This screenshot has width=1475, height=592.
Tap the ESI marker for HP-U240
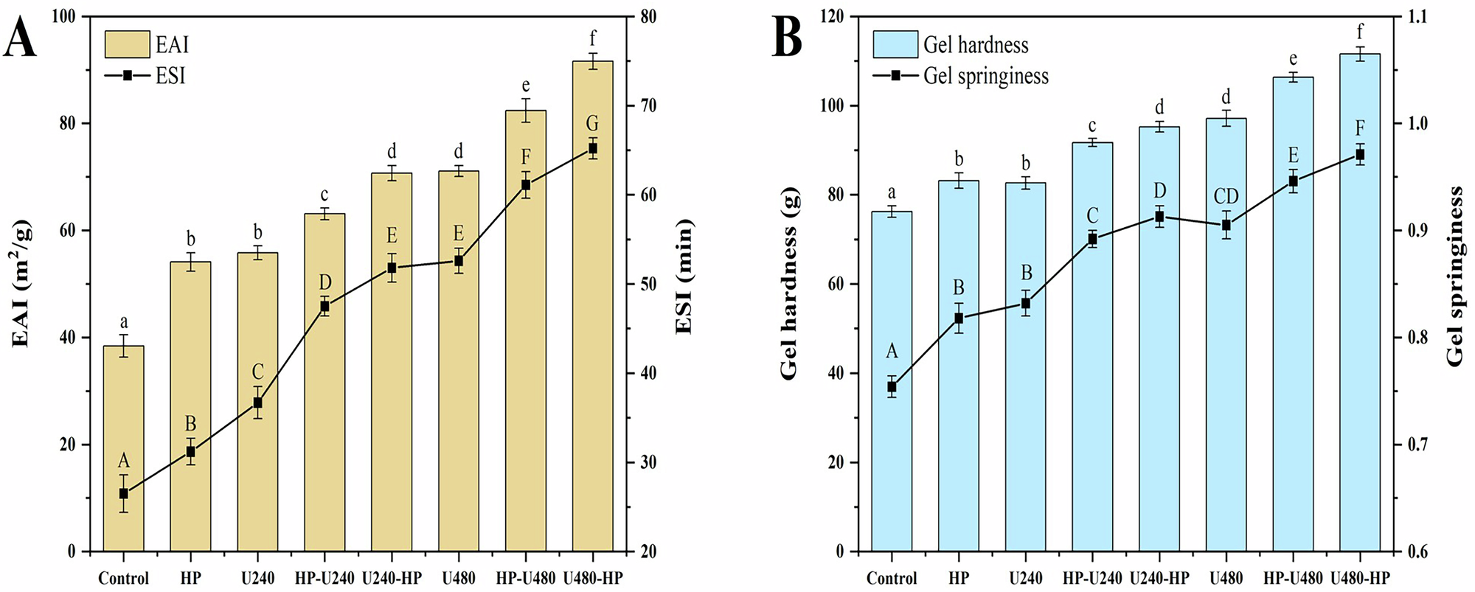[x=324, y=306]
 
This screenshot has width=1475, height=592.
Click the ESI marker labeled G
[x=592, y=149]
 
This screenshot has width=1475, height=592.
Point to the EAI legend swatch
[x=127, y=44]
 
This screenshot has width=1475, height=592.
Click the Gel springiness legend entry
[x=985, y=76]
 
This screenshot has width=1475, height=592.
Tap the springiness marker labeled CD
[x=1226, y=226]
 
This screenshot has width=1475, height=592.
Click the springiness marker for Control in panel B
[x=892, y=387]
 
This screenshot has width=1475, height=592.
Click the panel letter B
[x=787, y=39]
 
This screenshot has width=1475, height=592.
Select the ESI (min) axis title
[x=684, y=276]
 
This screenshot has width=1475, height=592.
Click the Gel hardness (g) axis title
[x=789, y=302]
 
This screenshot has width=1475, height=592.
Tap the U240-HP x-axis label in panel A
[x=392, y=579]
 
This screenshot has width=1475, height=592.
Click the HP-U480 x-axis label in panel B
[x=1293, y=579]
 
